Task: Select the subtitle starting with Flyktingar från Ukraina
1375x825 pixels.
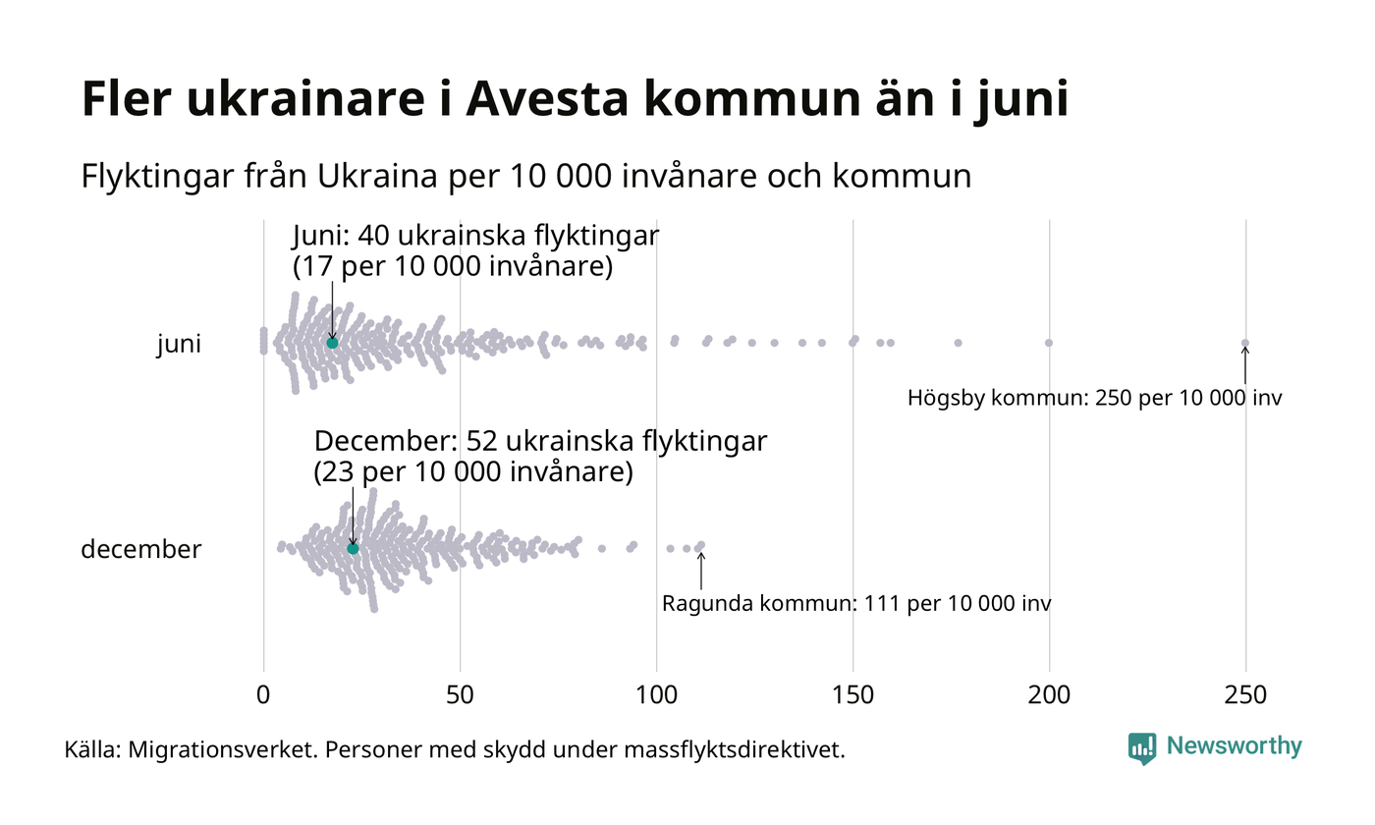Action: (526, 177)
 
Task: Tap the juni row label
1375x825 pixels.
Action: (179, 344)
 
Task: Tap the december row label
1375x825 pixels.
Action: (140, 549)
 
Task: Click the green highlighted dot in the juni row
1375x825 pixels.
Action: (332, 343)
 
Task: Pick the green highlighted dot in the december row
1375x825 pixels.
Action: (354, 548)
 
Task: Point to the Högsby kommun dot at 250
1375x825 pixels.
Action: (1245, 343)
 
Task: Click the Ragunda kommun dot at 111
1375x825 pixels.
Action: (700, 545)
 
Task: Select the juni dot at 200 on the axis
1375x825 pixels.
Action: (1049, 343)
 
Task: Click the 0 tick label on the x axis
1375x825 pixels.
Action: (263, 694)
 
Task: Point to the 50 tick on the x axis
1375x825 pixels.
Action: (460, 694)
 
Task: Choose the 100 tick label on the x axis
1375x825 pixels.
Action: (656, 694)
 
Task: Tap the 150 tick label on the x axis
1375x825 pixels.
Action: (852, 694)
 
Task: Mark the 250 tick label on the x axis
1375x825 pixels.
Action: (1245, 694)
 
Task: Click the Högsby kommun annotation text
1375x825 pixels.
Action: (1095, 399)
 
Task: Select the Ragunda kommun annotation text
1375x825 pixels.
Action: (856, 603)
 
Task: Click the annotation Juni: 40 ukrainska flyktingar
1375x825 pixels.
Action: (476, 237)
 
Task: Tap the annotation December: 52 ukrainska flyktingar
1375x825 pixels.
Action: (540, 441)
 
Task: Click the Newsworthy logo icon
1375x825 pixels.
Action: (1142, 748)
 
